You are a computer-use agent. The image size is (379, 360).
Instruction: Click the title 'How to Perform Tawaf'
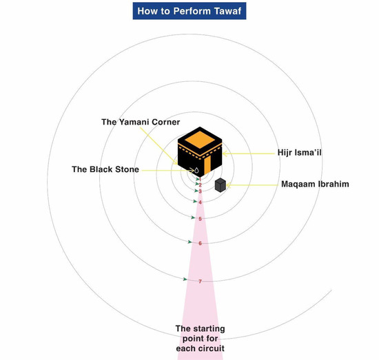pyautogui.click(x=189, y=11)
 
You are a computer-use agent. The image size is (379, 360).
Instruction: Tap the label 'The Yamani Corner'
pyautogui.click(x=141, y=122)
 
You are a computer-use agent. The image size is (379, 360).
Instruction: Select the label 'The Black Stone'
pyautogui.click(x=105, y=169)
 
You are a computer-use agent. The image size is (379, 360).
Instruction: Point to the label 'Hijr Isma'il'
pyautogui.click(x=299, y=153)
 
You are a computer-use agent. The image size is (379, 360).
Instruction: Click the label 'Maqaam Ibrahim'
pyautogui.click(x=315, y=184)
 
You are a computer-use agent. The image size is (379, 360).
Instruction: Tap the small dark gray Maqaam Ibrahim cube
pyautogui.click(x=221, y=185)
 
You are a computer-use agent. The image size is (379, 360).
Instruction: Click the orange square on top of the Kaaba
pyautogui.click(x=200, y=140)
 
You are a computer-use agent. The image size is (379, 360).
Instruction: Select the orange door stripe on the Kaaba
pyautogui.click(x=207, y=165)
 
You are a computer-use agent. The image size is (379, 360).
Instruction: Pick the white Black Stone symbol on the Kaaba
pyautogui.click(x=197, y=170)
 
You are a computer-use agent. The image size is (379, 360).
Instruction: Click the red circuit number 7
pyautogui.click(x=200, y=282)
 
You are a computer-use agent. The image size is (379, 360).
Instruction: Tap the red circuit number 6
pyautogui.click(x=200, y=244)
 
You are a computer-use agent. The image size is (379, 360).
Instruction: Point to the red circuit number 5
pyautogui.click(x=200, y=219)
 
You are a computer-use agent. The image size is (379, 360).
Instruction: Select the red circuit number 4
pyautogui.click(x=200, y=202)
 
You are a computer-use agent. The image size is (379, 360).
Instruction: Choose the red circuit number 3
pyautogui.click(x=200, y=191)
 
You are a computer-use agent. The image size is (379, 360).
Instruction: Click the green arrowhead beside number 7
pyautogui.click(x=185, y=279)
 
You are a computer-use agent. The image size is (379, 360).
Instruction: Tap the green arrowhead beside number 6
pyautogui.click(x=190, y=242)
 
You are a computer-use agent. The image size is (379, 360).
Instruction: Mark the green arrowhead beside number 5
pyautogui.click(x=193, y=218)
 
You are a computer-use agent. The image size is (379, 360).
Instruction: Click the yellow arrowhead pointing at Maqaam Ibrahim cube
pyautogui.click(x=229, y=185)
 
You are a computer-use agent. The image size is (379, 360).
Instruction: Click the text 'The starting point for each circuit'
pyautogui.click(x=200, y=339)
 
